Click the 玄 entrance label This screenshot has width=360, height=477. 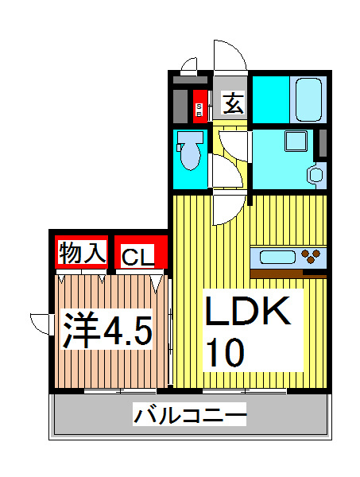[x=232, y=104]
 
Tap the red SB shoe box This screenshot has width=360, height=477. [x=199, y=107]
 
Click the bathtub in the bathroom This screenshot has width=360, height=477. [x=308, y=99]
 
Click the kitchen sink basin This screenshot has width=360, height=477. [x=273, y=258]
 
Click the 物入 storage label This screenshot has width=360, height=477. [x=81, y=254]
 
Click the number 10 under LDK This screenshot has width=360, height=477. [x=226, y=351]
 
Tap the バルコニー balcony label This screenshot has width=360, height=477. [x=190, y=415]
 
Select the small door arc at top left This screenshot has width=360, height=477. [x=189, y=64]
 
